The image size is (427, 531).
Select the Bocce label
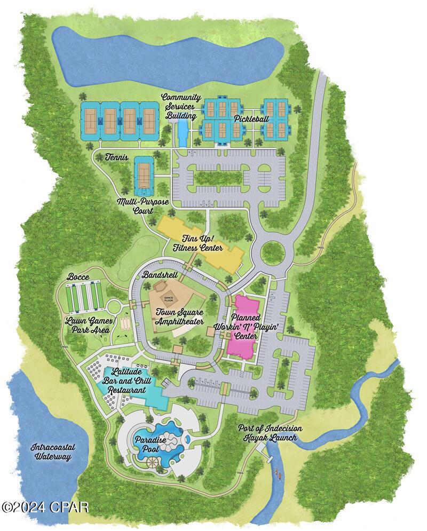(78, 278)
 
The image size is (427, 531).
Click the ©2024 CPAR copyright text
(45, 506)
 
